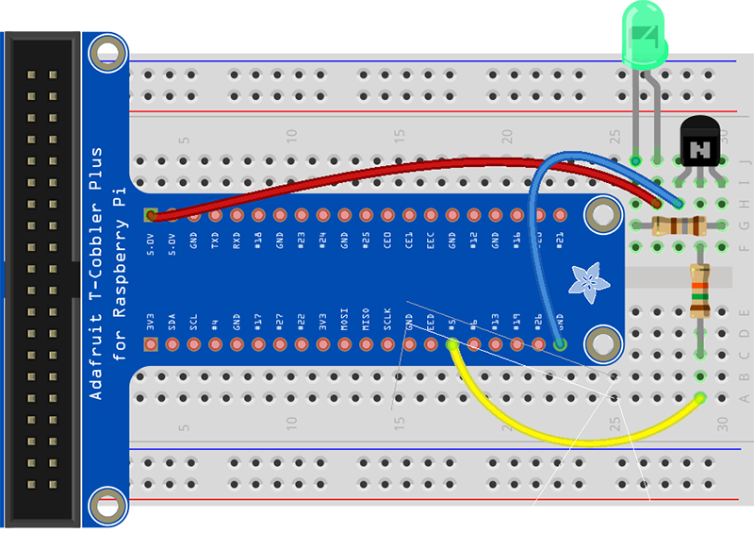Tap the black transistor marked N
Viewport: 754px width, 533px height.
pos(699,146)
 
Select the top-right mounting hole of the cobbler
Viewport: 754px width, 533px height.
pos(599,216)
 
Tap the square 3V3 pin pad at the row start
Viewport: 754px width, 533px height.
pos(151,344)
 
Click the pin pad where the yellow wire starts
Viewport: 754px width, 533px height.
pos(452,345)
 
